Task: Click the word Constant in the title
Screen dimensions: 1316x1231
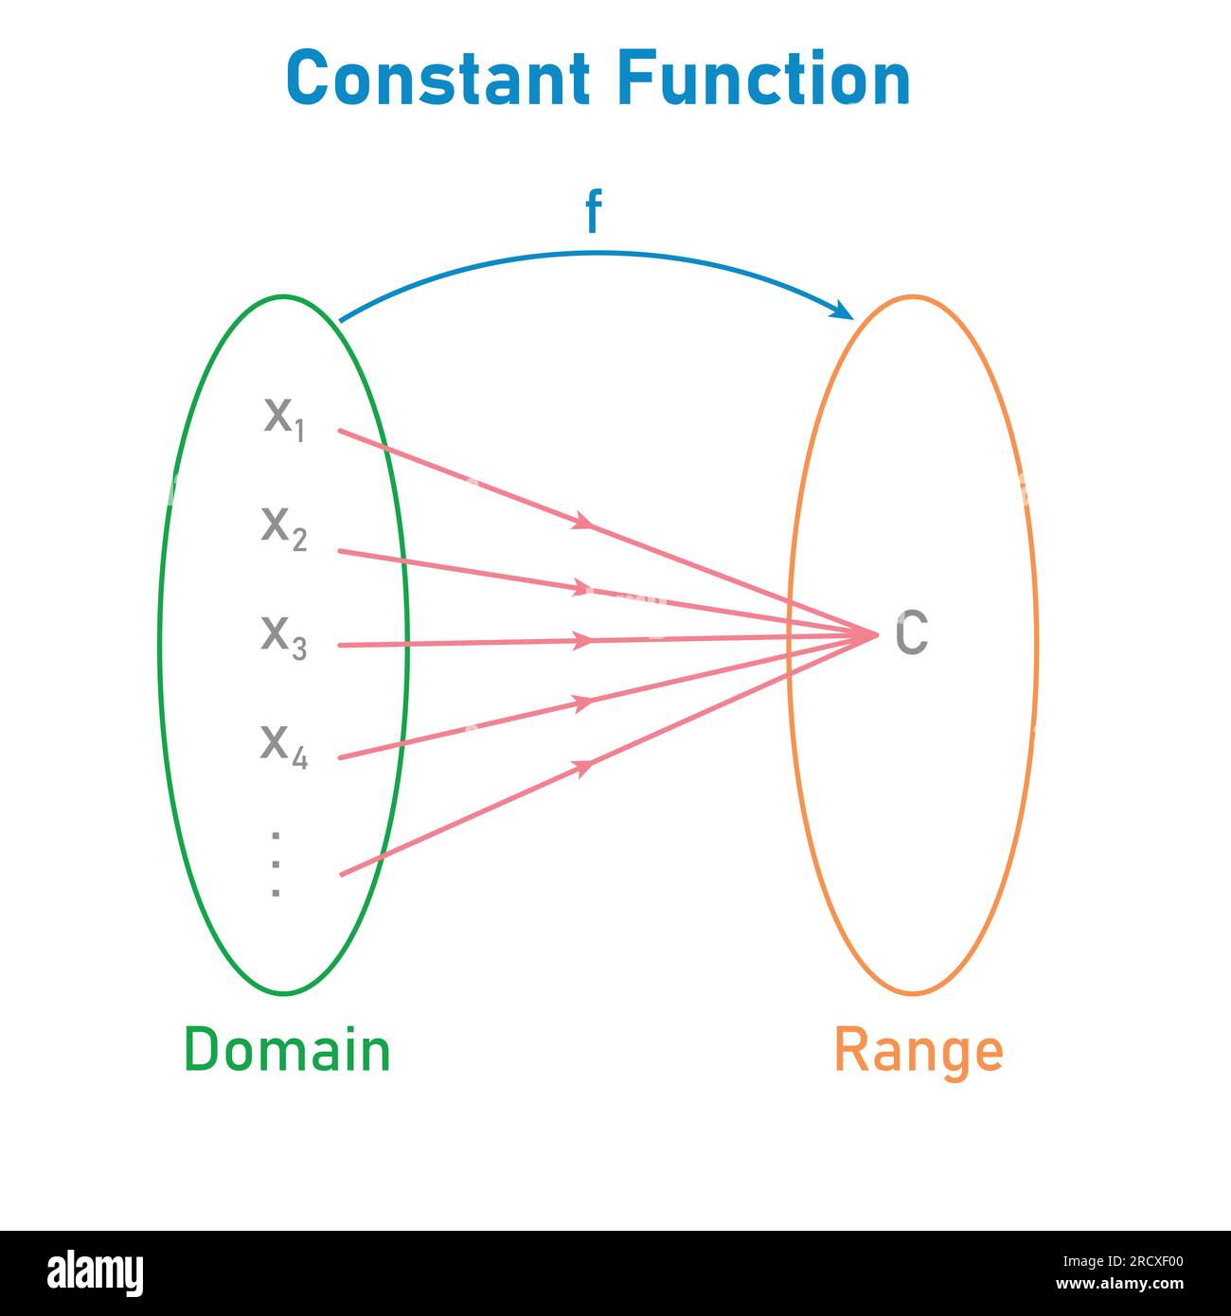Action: (437, 79)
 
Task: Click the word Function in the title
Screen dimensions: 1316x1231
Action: (763, 79)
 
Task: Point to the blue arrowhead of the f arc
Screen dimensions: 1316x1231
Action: (841, 310)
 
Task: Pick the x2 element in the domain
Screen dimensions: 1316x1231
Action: (284, 527)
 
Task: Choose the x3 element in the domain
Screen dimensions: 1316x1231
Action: (284, 637)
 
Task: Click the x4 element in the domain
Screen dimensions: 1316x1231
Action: (284, 746)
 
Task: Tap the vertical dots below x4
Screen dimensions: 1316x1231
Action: (276, 863)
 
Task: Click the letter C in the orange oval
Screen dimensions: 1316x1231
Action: (911, 633)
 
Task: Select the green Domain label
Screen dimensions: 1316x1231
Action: (287, 1050)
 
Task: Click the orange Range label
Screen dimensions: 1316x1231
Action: (918, 1051)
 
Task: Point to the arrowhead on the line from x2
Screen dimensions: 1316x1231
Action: (580, 589)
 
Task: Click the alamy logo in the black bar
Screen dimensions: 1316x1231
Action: (96, 1272)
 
